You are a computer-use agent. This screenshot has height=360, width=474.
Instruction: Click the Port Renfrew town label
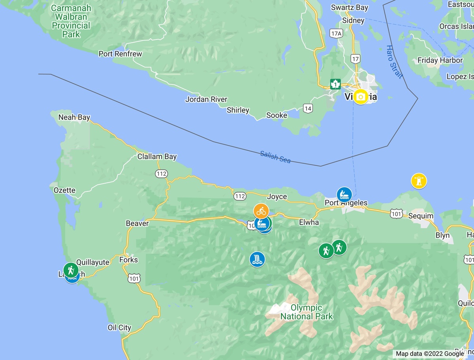click(120, 54)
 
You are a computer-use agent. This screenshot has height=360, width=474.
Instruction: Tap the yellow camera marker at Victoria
click(360, 97)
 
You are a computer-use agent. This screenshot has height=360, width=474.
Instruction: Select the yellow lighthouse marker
click(419, 181)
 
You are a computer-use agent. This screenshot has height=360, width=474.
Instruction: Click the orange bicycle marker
click(261, 211)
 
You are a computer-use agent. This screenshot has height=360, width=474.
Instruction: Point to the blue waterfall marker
click(257, 259)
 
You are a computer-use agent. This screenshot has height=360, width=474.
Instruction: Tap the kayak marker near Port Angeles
click(344, 194)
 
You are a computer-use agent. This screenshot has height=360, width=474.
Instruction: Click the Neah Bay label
click(74, 117)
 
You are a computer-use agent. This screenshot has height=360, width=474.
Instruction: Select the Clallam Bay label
click(157, 157)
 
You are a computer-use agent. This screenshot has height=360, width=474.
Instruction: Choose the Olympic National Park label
click(307, 312)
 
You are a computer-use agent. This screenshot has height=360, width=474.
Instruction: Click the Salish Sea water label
click(275, 157)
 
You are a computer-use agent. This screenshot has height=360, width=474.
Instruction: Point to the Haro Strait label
click(393, 62)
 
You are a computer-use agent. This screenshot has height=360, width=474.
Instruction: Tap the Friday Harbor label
click(440, 60)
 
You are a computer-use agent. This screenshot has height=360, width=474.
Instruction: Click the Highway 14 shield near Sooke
click(308, 108)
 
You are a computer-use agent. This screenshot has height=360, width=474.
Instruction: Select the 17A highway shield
click(336, 34)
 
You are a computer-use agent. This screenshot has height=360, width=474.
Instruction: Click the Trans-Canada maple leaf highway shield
click(335, 84)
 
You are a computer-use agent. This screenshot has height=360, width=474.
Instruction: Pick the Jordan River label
click(206, 99)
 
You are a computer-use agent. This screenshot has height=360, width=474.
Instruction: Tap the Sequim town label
click(421, 216)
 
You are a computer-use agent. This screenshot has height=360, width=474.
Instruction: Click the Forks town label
click(128, 260)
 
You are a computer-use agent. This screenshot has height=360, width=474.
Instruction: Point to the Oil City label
click(119, 328)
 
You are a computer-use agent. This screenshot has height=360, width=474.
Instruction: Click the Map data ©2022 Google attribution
click(430, 354)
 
